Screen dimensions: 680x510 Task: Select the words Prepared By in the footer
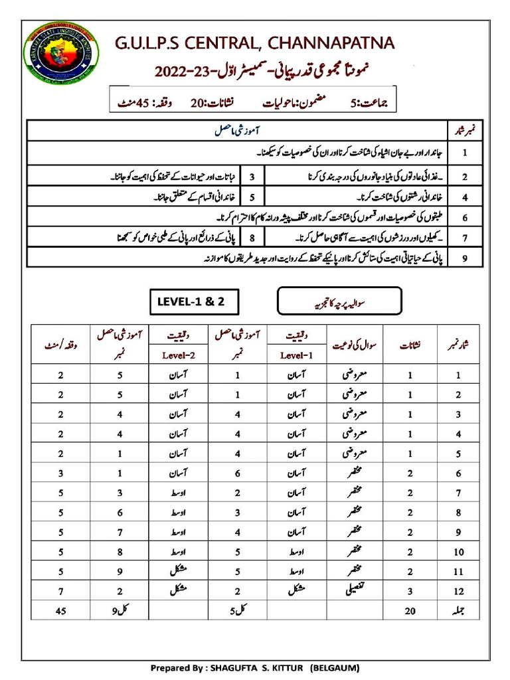click(175, 667)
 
